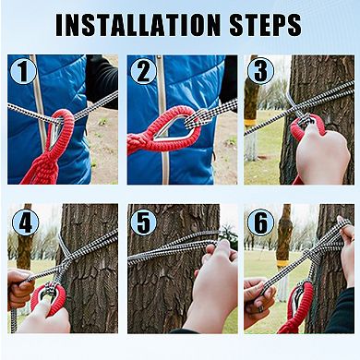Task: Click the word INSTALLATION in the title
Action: click(138, 25)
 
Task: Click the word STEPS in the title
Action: click(265, 25)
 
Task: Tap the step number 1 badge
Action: click(23, 71)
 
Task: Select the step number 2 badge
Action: click(143, 71)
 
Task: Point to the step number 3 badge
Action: click(260, 71)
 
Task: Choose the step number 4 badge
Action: click(25, 222)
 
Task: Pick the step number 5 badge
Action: click(143, 222)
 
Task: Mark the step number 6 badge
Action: click(260, 222)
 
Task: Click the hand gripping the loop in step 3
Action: click(321, 151)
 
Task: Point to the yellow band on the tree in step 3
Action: click(251, 123)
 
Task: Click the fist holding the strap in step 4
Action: click(19, 288)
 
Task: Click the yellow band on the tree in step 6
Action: click(282, 263)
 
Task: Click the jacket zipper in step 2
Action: click(162, 120)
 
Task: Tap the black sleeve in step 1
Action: click(102, 80)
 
